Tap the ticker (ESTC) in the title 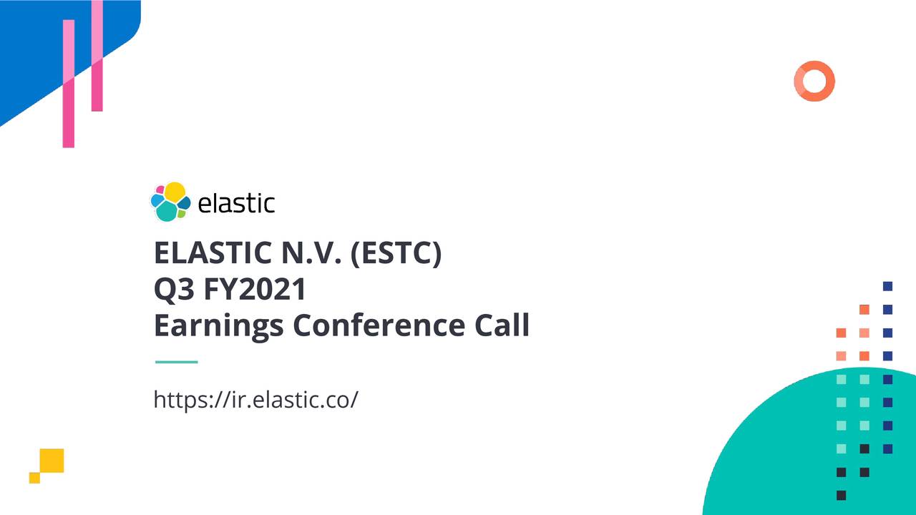[396, 252]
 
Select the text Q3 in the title [172, 289]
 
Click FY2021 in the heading [255, 289]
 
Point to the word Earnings [219, 325]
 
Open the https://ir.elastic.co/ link [255, 399]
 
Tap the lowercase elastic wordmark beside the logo [235, 203]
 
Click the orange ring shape [814, 81]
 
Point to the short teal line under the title [176, 362]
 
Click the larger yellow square [52, 460]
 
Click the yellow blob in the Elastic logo [175, 192]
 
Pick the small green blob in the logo [182, 213]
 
